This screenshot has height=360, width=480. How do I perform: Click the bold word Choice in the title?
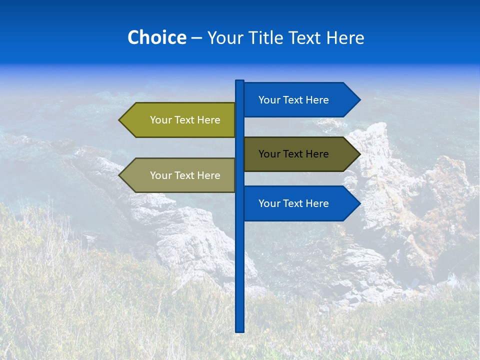[156, 37]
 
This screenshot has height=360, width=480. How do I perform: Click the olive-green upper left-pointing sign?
[180, 120]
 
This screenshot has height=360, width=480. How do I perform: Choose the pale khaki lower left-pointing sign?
[180, 175]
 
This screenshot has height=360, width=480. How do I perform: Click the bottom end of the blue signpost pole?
[240, 329]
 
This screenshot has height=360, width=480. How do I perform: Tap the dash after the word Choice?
[196, 38]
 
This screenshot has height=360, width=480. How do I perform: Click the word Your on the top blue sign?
[269, 100]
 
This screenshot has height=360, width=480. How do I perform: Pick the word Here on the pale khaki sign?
[208, 175]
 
